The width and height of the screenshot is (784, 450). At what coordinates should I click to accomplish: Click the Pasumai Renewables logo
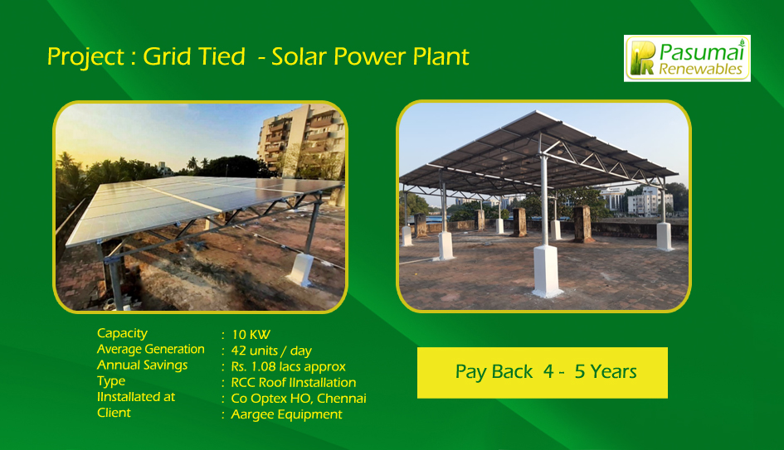687,59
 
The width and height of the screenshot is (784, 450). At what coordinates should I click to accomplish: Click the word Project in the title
85,57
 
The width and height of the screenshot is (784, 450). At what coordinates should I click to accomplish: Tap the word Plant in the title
441,56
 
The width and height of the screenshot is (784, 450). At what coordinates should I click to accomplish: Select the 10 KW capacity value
251,335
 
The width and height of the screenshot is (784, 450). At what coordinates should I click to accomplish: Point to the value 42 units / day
271,351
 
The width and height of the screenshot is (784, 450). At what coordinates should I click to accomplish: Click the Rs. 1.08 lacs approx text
288,366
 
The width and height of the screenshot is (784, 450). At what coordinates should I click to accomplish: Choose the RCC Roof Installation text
294,383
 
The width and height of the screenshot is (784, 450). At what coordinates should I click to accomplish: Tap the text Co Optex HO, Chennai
299,399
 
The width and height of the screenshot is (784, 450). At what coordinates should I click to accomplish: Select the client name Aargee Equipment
286,414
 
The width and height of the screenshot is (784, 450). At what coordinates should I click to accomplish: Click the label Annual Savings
142,365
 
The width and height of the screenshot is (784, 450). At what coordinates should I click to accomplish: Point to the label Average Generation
150,349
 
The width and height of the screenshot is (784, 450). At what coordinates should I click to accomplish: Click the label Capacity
122,333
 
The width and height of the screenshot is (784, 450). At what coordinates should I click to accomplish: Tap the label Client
114,413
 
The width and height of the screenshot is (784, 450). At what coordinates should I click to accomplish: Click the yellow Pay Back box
543,373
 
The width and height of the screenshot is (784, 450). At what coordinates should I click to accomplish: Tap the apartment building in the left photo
301,142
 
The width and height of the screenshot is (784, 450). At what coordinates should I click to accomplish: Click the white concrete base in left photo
301,269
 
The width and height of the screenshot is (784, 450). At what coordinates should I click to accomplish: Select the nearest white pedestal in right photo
547,271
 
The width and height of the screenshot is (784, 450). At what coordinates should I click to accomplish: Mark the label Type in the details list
111,381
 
